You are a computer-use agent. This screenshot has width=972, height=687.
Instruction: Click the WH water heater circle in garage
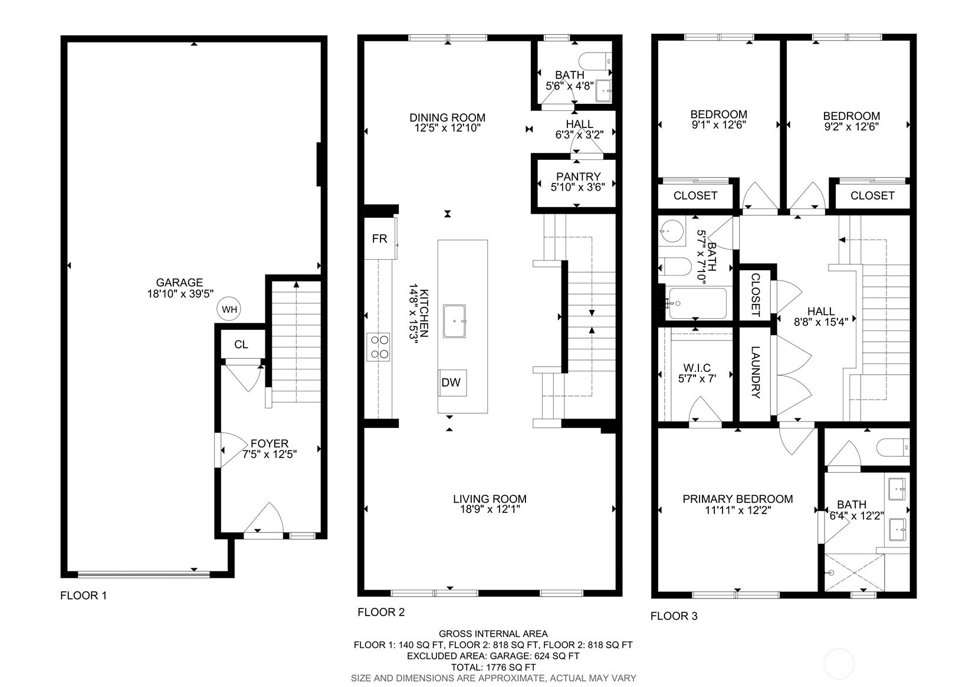(229, 309)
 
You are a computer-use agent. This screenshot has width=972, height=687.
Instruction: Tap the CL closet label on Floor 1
(241, 345)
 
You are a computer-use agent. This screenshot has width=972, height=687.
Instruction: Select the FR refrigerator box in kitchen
(380, 238)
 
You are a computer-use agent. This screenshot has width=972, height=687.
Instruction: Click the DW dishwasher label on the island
(451, 382)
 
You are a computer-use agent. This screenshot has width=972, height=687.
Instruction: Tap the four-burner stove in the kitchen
(379, 346)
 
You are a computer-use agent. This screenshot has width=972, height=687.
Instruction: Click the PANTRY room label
(578, 176)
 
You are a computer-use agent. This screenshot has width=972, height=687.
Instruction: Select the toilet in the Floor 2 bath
(596, 61)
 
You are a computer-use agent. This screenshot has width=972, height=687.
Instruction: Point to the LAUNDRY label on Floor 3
(756, 373)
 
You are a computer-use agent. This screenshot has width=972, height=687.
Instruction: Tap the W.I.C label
(697, 368)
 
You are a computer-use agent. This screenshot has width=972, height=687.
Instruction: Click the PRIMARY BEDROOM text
(737, 499)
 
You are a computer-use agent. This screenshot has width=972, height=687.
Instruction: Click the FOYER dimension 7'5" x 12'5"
(270, 454)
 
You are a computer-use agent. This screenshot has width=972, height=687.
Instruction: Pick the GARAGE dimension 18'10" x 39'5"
(179, 293)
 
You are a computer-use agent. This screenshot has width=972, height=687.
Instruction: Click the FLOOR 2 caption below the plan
(381, 613)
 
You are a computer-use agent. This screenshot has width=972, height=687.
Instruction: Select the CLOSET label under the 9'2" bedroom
(872, 195)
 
